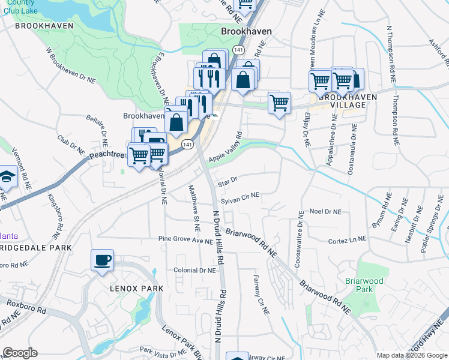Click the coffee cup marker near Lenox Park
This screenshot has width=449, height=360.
(x=102, y=260)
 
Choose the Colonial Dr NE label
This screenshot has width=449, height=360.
(x=194, y=271)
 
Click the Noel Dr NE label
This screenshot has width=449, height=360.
(x=325, y=212)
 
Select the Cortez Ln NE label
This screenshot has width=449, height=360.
(x=347, y=241)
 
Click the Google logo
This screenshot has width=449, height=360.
(x=20, y=353)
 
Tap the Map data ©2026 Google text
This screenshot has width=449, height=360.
(x=412, y=355)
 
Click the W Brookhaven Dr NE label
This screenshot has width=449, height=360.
(x=70, y=66)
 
